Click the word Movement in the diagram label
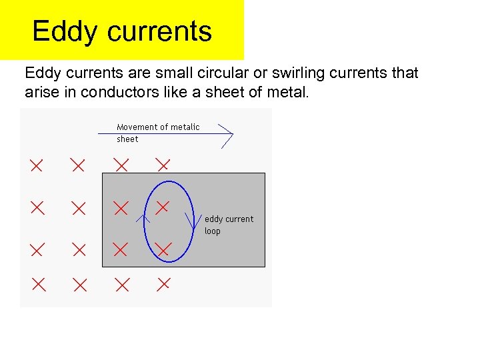tap(137, 127)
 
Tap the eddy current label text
tap(229, 219)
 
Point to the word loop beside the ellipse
tap(212, 231)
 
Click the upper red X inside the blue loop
tap(162, 207)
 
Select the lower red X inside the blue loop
tap(163, 249)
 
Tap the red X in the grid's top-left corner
tap(36, 164)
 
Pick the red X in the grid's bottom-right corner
tap(163, 285)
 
